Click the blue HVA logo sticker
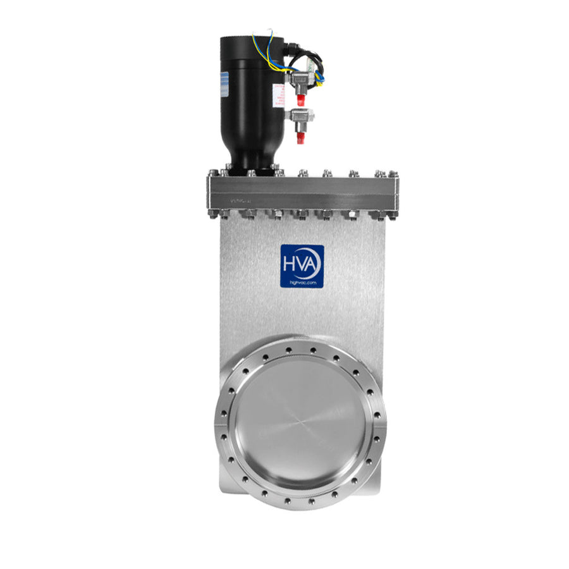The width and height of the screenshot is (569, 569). pos(302,266)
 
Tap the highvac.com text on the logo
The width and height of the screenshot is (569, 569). pos(302,283)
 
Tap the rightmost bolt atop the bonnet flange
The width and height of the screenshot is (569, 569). pos(391,173)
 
